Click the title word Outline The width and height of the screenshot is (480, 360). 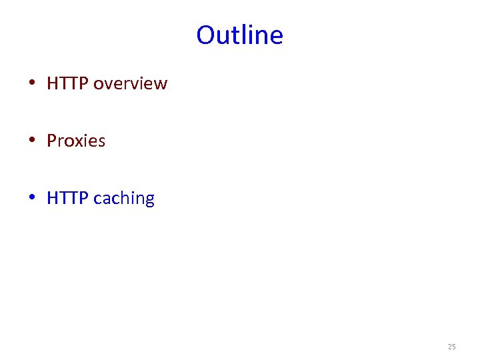click(240, 35)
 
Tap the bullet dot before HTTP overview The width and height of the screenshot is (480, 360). click(32, 84)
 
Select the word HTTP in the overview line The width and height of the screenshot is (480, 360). click(68, 84)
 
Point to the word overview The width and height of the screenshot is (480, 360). click(131, 84)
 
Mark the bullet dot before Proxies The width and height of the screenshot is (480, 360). click(32, 141)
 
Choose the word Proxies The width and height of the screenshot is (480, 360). click(76, 141)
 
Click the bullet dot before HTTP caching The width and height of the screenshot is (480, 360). click(32, 199)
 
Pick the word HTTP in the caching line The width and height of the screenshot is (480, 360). click(68, 199)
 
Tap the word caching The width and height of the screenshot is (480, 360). click(124, 199)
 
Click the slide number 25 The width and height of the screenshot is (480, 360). click(451, 347)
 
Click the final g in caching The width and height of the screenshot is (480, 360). click(149, 200)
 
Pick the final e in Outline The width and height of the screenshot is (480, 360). click(277, 36)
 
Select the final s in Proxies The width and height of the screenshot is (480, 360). click(101, 142)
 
